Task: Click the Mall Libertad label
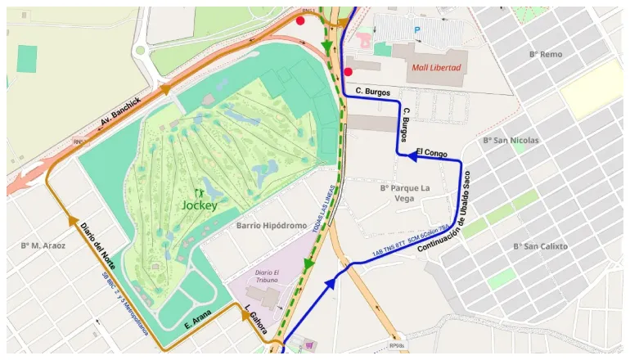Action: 436,67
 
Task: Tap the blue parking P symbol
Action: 418,30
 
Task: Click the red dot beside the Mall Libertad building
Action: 348,72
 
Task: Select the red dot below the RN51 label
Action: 301,20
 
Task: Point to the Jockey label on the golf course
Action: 200,205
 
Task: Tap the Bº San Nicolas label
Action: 511,141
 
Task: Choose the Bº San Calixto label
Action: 540,245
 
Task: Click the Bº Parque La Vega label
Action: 405,193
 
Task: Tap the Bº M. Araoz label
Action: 43,245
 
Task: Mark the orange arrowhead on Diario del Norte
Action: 73,219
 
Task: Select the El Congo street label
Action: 431,151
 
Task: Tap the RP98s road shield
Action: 398,346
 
